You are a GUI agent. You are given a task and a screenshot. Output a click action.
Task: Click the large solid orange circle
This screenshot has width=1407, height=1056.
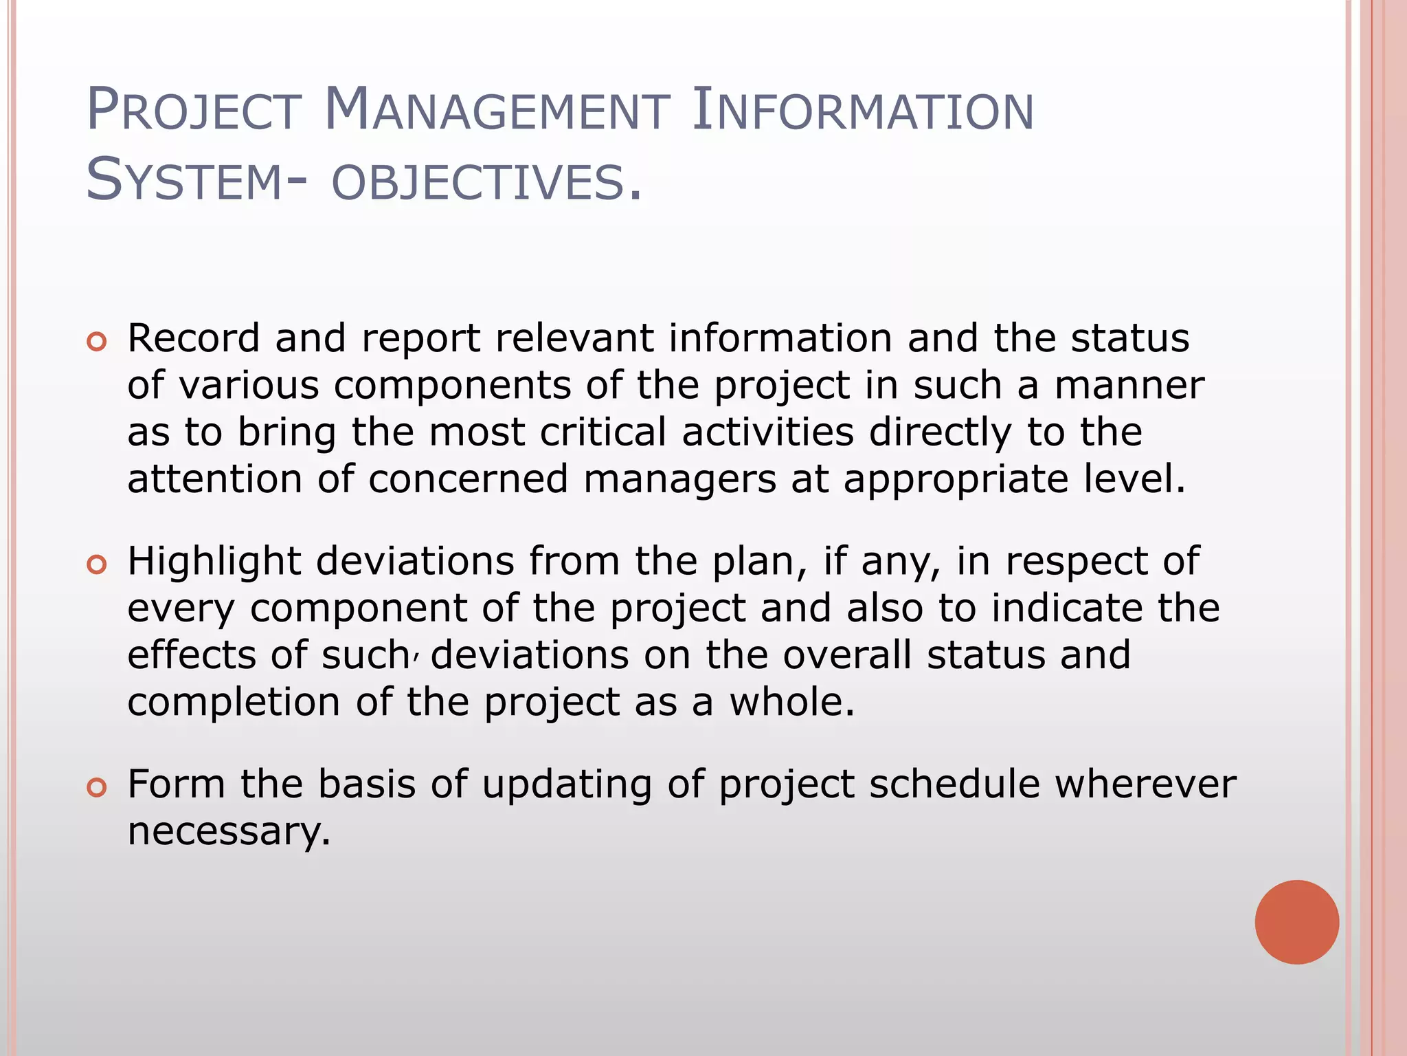[1296, 922]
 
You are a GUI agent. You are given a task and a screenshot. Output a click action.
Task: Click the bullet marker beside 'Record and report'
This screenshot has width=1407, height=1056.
[97, 342]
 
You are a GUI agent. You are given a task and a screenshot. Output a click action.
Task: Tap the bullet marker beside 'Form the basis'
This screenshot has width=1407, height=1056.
[97, 788]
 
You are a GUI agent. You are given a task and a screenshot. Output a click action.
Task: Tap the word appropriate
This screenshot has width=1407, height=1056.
[956, 481]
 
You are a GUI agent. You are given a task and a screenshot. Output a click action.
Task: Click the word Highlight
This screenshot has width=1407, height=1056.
[214, 562]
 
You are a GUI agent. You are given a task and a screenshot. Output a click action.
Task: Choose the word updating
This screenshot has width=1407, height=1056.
[567, 785]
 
